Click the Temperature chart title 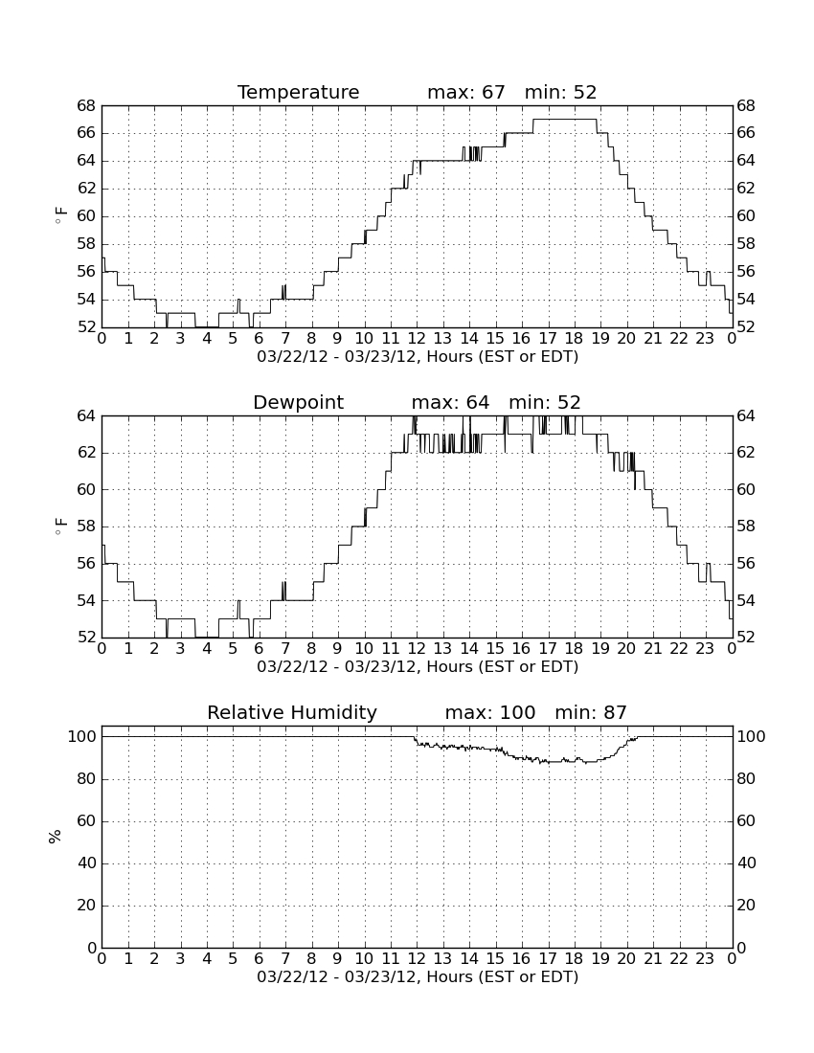click(298, 92)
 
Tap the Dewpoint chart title click(298, 402)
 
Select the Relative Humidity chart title click(292, 712)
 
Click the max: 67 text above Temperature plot click(466, 92)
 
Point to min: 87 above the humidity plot click(591, 712)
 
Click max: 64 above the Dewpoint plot click(451, 402)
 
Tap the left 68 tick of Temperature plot click(86, 106)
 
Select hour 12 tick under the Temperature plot click(417, 339)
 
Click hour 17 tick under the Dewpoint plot click(548, 649)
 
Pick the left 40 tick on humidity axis click(87, 863)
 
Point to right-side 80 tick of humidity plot click(747, 779)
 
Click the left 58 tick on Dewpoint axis click(86, 526)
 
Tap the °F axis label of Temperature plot click(60, 216)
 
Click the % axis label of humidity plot click(56, 837)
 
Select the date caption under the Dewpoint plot click(418, 667)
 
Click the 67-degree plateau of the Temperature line click(565, 120)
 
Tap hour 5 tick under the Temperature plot click(233, 339)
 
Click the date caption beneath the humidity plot click(418, 977)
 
